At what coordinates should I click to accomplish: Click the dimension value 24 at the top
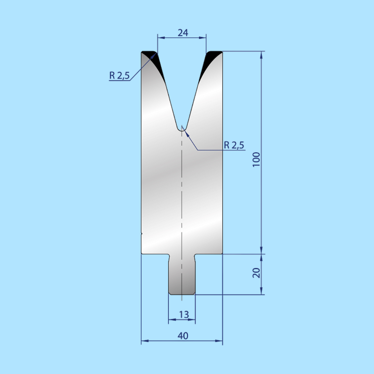[183, 33]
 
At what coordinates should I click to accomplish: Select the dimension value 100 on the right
[256, 159]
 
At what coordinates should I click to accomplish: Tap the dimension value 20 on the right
[256, 273]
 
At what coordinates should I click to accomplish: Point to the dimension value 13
[184, 314]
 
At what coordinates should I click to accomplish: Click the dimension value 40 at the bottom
[183, 336]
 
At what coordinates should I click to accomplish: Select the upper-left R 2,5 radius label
[119, 75]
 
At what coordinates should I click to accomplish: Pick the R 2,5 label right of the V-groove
[234, 145]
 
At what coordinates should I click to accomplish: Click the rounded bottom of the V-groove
[182, 129]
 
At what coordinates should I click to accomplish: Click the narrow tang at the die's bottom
[182, 275]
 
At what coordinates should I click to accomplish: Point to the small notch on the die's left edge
[142, 233]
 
